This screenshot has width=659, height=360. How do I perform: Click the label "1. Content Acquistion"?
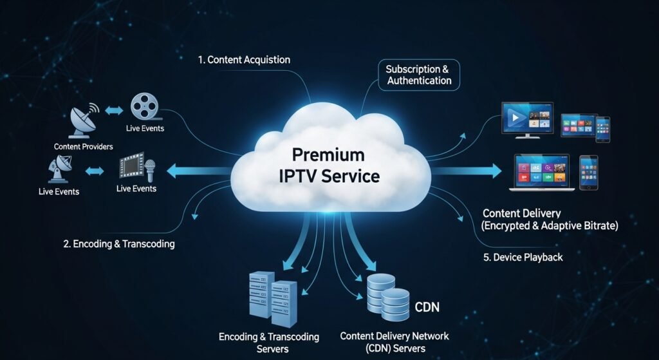click(244, 60)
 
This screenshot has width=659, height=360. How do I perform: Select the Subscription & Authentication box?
click(418, 75)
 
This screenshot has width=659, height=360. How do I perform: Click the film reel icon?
click(142, 106)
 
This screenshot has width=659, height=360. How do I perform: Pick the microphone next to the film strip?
click(151, 169)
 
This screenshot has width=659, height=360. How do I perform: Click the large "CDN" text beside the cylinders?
click(427, 307)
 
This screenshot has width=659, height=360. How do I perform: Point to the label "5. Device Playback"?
click(523, 257)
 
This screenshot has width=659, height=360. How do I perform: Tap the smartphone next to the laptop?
click(588, 172)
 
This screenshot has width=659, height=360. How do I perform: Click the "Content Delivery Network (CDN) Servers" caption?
click(394, 342)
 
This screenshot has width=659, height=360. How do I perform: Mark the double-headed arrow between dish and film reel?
click(113, 111)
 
